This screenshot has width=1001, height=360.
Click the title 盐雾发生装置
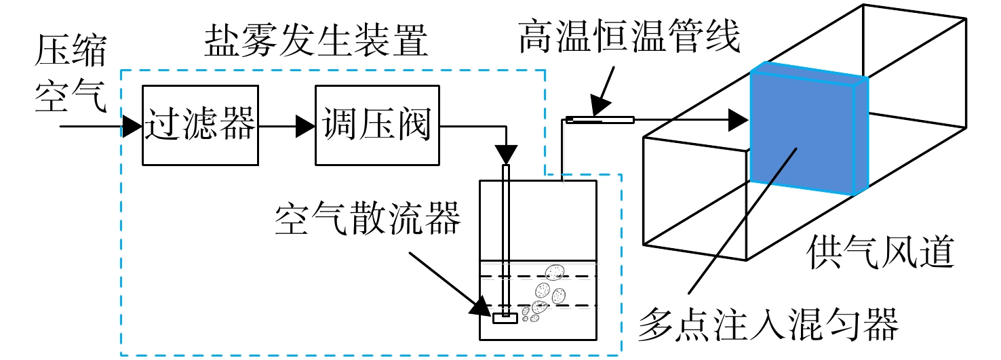point(317,40)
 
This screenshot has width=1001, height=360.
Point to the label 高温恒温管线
point(629,36)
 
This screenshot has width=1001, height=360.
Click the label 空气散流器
point(368,218)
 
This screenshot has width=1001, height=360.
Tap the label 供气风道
point(880,252)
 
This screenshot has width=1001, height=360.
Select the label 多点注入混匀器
point(768,325)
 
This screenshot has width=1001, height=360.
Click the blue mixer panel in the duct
point(809,129)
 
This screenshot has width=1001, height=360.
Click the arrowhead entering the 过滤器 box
point(132,126)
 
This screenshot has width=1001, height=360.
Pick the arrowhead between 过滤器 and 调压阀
point(306,126)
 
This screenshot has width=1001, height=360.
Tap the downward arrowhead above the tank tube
point(506,155)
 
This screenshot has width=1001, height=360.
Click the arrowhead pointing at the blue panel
point(739,120)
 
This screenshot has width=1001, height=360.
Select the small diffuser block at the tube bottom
point(505,319)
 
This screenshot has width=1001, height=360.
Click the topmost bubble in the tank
point(555,272)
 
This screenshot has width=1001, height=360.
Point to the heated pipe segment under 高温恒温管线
point(600,120)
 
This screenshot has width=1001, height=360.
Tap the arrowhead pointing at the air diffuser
point(482,307)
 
